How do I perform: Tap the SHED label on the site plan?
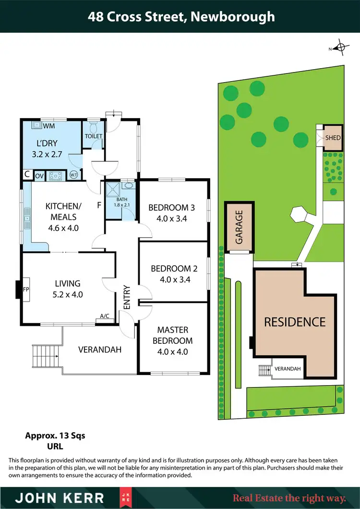click(333, 138)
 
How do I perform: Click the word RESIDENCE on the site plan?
click(295, 322)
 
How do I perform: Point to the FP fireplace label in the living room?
click(26, 290)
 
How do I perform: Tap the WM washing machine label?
click(49, 126)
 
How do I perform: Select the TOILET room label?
click(94, 136)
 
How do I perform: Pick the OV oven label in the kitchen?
click(39, 176)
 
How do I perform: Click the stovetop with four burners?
click(57, 176)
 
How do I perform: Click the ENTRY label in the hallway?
click(127, 297)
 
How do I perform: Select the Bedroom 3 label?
click(171, 208)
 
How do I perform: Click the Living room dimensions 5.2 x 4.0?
click(67, 294)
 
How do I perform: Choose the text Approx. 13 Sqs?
click(55, 436)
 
